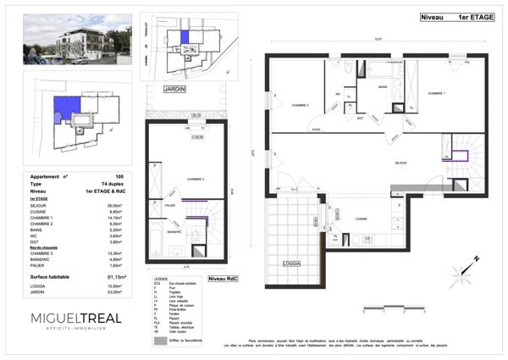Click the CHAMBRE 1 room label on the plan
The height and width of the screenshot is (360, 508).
click(437, 93)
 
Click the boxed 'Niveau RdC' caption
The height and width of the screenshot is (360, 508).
click(223, 278)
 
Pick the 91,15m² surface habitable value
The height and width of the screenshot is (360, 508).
click(116, 276)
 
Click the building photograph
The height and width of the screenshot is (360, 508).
click(72, 39)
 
